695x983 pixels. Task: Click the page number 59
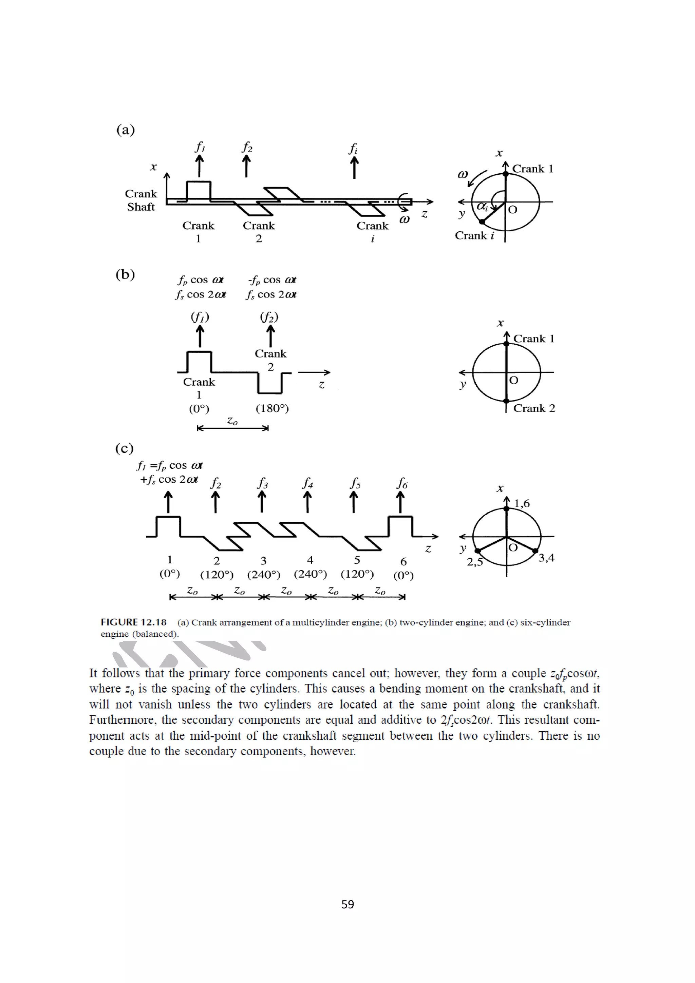click(347, 904)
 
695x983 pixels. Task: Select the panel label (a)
click(126, 130)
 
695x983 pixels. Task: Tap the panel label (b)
click(125, 274)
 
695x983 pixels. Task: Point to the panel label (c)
click(124, 448)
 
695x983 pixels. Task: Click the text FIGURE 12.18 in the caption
click(134, 622)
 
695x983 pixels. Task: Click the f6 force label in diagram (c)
click(402, 484)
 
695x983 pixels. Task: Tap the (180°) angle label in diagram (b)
click(273, 408)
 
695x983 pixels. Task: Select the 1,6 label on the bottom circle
click(522, 503)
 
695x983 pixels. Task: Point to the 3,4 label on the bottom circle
click(546, 558)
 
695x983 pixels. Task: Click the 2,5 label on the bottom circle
click(474, 562)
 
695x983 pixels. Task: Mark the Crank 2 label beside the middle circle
click(534, 408)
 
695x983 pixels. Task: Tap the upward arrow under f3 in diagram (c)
click(262, 502)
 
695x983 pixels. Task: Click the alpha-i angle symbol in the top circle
click(482, 207)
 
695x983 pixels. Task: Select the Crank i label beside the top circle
click(474, 236)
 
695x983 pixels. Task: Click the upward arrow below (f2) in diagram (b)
click(270, 336)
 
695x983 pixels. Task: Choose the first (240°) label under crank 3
click(264, 575)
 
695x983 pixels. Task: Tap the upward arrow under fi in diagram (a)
click(354, 168)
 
